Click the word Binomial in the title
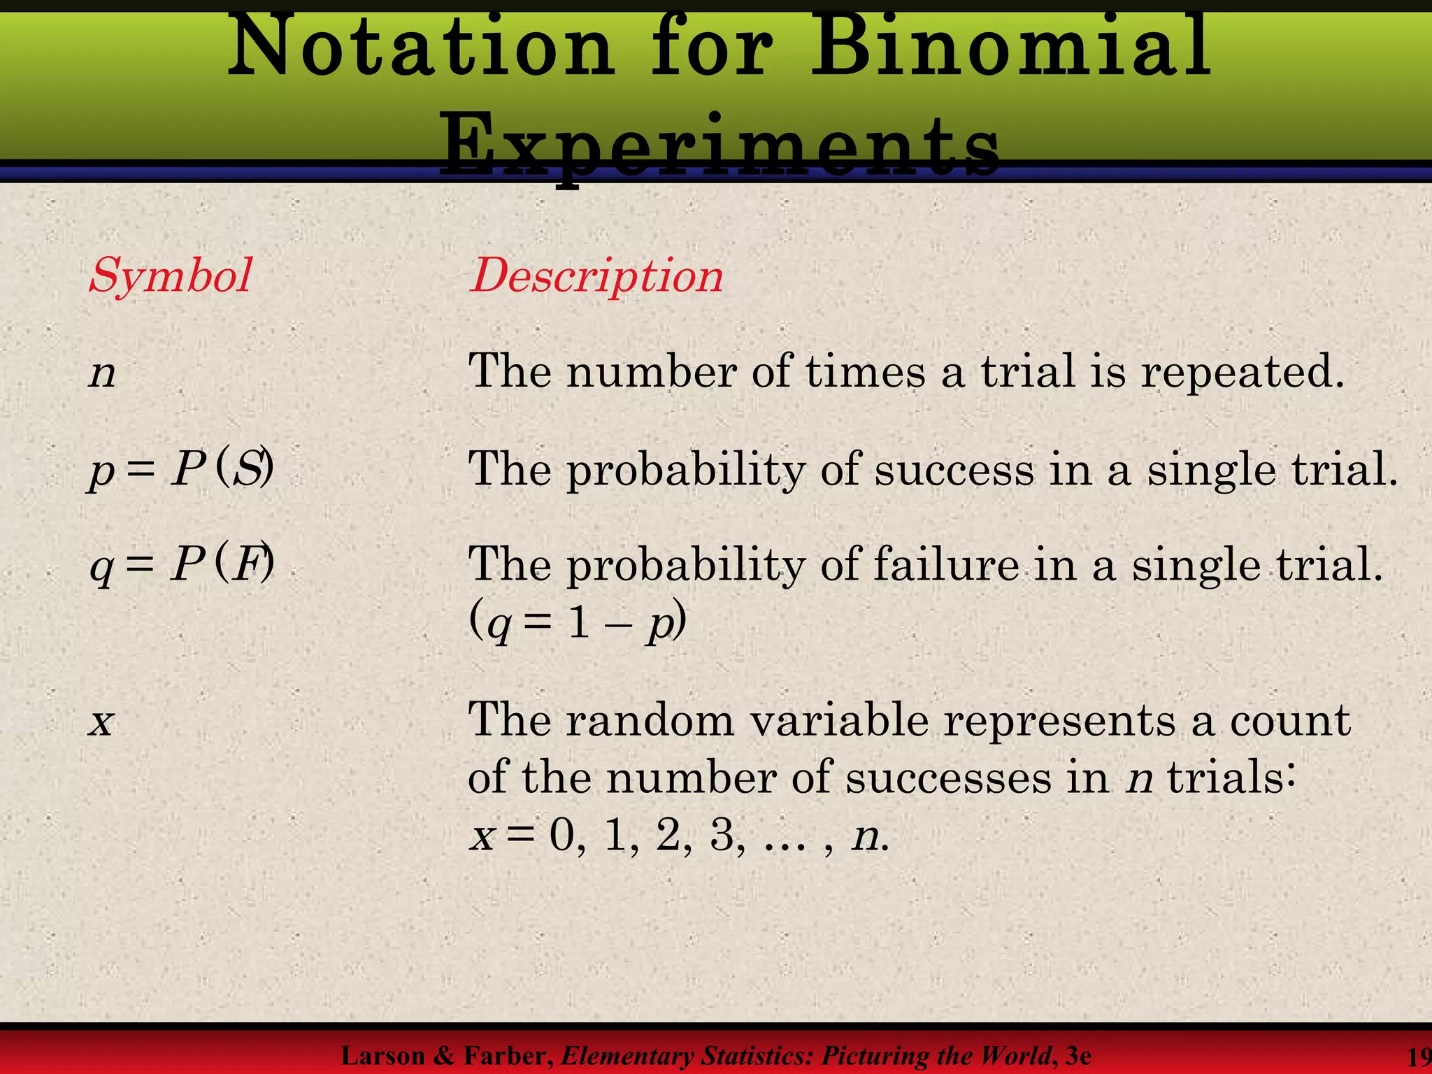1010,48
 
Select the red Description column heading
596,276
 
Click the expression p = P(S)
181,469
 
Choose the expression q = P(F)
181,565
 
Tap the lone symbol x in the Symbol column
101,722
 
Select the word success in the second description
954,469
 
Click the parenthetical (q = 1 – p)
577,622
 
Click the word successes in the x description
948,778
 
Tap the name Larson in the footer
382,1055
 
